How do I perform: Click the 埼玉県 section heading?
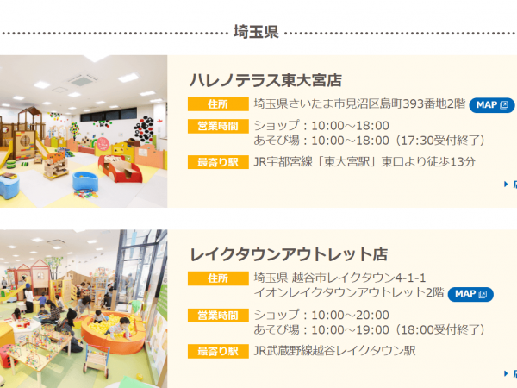(x=256, y=32)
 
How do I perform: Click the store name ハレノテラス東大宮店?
(x=265, y=80)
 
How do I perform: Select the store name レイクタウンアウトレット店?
(x=289, y=254)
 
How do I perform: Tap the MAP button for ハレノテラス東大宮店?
(x=492, y=105)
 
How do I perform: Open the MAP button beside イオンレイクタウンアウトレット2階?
(x=470, y=294)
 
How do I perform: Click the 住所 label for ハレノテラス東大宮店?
(x=218, y=104)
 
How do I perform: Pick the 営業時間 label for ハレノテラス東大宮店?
(x=218, y=126)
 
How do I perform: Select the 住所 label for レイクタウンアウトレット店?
(x=218, y=278)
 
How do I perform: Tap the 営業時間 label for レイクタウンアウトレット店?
(x=218, y=316)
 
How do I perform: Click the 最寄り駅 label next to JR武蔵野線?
(x=218, y=352)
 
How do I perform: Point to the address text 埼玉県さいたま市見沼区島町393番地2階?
(x=359, y=104)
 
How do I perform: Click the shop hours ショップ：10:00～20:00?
(x=321, y=315)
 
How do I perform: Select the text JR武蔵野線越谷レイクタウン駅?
(x=334, y=351)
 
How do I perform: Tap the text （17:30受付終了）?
(x=440, y=141)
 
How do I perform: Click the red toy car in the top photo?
(x=121, y=168)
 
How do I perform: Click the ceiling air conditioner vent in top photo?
(x=83, y=80)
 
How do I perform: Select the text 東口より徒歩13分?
(x=428, y=162)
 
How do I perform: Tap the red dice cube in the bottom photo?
(x=8, y=356)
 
